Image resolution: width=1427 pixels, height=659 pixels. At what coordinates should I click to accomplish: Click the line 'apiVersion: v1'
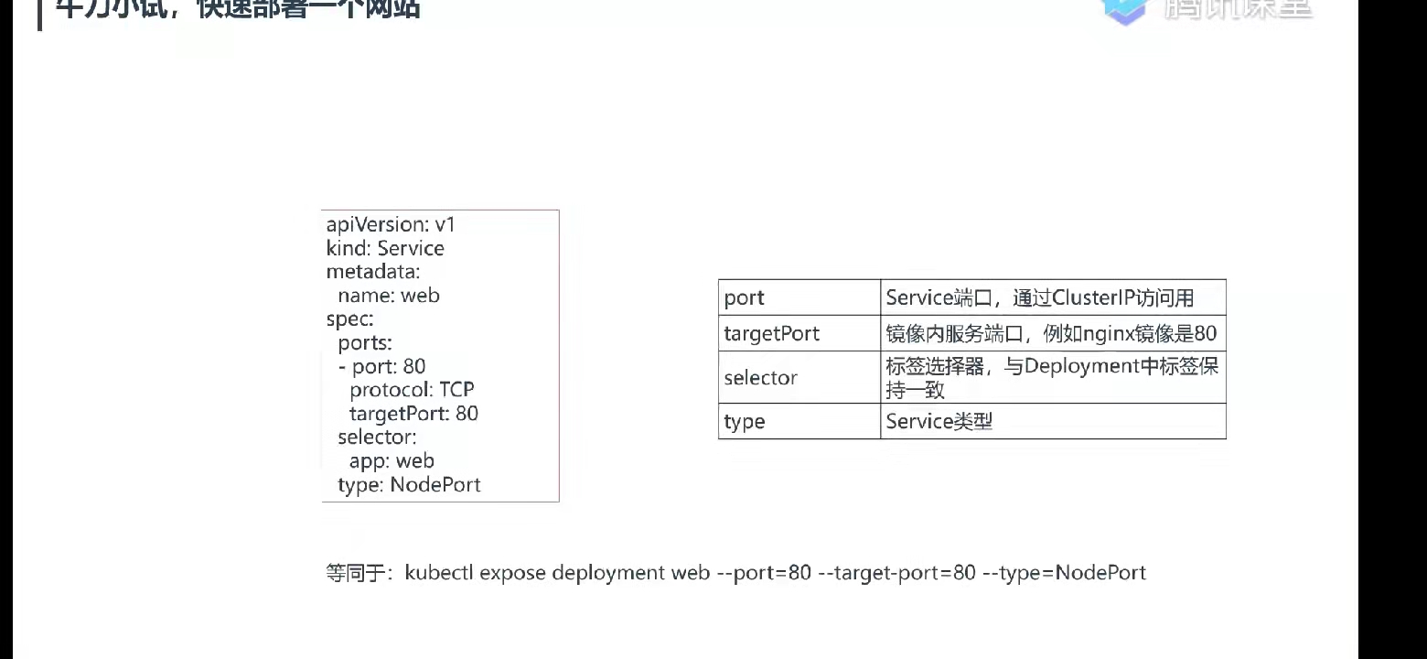tap(391, 224)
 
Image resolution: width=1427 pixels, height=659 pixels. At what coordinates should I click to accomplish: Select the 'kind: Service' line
tap(385, 248)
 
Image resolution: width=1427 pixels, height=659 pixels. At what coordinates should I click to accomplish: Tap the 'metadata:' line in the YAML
tap(372, 272)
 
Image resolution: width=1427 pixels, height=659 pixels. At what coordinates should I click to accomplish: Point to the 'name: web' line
tap(389, 296)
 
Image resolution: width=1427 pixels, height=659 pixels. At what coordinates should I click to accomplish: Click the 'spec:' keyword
tap(349, 319)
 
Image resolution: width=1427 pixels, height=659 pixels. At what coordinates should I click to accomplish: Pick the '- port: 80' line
tap(382, 366)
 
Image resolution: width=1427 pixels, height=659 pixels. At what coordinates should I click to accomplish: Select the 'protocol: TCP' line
tap(412, 390)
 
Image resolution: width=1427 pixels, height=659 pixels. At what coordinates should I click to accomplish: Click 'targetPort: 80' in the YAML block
tap(413, 414)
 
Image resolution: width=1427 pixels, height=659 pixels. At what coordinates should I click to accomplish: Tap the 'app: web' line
tap(392, 461)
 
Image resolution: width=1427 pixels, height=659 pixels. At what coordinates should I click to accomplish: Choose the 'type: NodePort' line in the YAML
tap(409, 485)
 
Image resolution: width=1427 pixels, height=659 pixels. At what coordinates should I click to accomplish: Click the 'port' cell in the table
tap(744, 298)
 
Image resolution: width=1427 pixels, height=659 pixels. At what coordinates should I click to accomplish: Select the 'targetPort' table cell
tap(771, 334)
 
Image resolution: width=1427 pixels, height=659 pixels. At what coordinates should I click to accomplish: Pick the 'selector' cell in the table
tap(760, 378)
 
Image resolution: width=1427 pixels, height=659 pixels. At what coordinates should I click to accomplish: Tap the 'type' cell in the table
tap(744, 422)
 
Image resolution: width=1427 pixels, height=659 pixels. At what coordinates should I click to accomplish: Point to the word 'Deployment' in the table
tap(1074, 366)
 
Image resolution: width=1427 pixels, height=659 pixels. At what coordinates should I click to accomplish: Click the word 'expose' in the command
tap(512, 573)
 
